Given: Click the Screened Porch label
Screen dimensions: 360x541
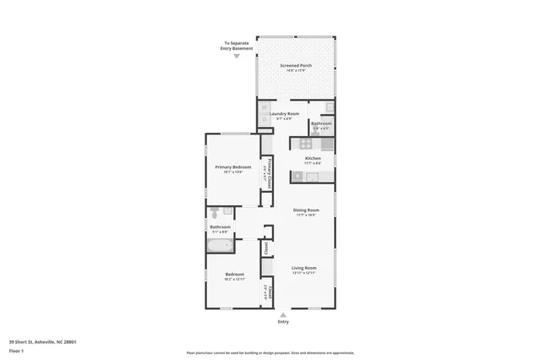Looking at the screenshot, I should [x=294, y=65].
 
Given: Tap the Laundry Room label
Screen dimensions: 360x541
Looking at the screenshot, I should [x=284, y=113].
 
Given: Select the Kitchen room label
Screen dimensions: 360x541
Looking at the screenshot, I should [x=312, y=158].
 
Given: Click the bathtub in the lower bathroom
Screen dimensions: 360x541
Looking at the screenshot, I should [x=220, y=246].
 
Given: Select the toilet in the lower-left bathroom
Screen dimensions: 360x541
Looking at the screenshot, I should [x=215, y=212].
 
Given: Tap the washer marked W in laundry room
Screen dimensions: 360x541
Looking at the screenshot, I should [x=264, y=108].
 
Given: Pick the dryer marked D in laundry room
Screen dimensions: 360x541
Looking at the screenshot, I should [x=264, y=119].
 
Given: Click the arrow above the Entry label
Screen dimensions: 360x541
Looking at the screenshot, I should [x=282, y=314].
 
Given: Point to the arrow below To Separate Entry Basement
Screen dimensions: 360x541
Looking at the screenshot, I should [x=237, y=56].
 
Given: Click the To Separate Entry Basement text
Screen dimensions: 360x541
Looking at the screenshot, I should [x=237, y=45].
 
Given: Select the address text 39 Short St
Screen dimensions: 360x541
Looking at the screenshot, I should [x=42, y=341].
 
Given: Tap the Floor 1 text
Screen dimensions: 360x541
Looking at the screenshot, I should [x=16, y=350].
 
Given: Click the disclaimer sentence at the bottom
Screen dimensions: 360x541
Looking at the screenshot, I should [x=270, y=353].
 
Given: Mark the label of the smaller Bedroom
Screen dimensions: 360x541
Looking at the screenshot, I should [x=235, y=275].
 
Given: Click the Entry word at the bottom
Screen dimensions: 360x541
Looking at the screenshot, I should [x=282, y=322].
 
